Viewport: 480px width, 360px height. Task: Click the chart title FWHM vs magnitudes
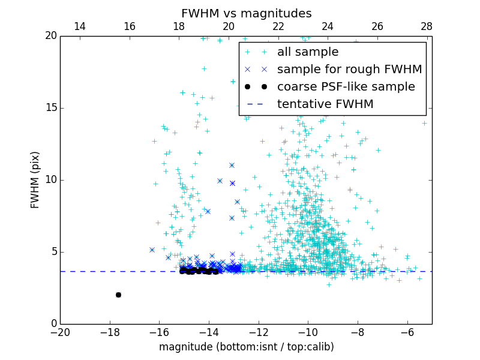pyautogui.click(x=246, y=13)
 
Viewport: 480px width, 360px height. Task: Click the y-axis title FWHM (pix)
pyautogui.click(x=35, y=180)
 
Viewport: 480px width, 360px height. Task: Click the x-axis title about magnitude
pyautogui.click(x=246, y=347)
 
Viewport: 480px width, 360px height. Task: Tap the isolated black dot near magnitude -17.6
pyautogui.click(x=118, y=295)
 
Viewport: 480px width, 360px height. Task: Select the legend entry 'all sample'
pyautogui.click(x=307, y=52)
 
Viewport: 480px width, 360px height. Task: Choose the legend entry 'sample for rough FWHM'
pyautogui.click(x=349, y=70)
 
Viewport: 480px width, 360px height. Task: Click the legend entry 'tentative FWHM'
pyautogui.click(x=325, y=104)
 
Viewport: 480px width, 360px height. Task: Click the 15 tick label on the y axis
pyautogui.click(x=50, y=108)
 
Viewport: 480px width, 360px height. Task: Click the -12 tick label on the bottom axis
pyautogui.click(x=259, y=332)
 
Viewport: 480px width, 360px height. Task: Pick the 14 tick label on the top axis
pyautogui.click(x=79, y=26)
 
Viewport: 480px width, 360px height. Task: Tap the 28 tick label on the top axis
pyautogui.click(x=427, y=26)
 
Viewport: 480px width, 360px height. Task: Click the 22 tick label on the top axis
pyautogui.click(x=278, y=26)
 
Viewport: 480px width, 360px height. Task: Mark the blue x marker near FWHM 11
pyautogui.click(x=232, y=165)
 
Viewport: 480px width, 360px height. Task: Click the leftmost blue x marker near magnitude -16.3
pyautogui.click(x=152, y=250)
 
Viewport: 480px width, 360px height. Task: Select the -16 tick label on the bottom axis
pyautogui.click(x=159, y=332)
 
